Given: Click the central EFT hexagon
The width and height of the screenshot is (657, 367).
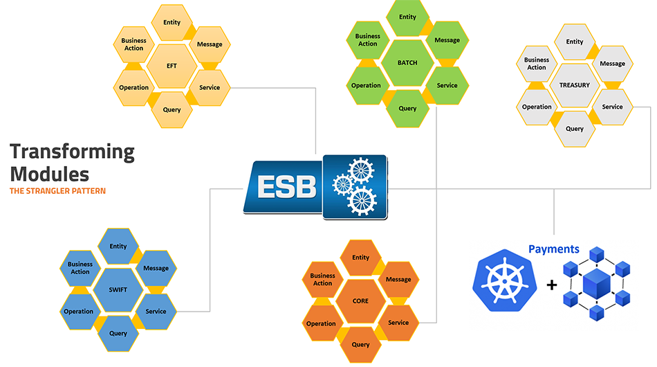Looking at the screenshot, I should coord(172,66).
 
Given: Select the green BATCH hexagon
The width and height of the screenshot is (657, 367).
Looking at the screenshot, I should coord(407,62).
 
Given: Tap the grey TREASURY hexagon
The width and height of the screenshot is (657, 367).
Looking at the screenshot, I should coord(574,85).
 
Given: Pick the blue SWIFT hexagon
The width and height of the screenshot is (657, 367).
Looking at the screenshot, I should coord(118,289).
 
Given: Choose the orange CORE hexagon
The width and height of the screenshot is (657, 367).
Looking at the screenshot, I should coord(360,301).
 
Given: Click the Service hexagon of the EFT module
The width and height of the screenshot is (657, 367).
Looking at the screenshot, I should coord(210,87).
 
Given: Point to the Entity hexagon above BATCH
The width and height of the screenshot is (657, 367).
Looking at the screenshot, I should coord(407,17).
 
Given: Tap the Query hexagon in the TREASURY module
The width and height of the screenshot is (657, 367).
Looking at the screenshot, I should coord(574,129).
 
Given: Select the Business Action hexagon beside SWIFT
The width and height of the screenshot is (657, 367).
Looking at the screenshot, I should coord(80,268).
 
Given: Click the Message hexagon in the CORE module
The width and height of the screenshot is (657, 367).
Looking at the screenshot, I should coord(398,280).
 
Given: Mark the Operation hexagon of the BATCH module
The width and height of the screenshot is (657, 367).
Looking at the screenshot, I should coord(367,85).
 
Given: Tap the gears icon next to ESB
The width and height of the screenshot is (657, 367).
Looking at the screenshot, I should coord(355,186).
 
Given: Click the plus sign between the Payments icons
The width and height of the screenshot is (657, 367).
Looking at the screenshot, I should coord(551,285).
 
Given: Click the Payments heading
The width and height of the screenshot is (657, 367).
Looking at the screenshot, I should coord(553,249).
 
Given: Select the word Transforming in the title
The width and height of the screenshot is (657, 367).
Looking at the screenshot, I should coord(72,152).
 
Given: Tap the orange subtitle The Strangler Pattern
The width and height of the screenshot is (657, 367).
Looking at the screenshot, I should coord(57,190).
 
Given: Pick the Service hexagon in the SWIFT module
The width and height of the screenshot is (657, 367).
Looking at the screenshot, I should coord(156,311).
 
